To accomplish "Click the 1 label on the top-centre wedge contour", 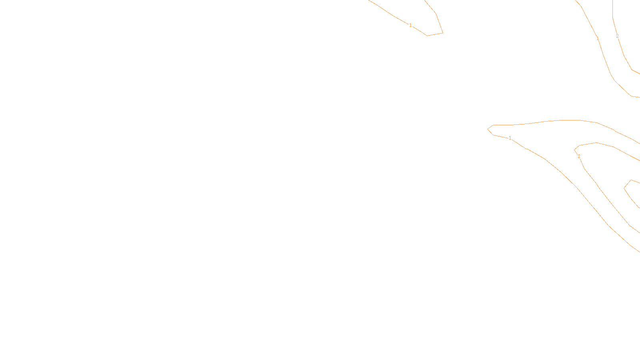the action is point(410,25).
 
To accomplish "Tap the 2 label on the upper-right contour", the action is point(617,36).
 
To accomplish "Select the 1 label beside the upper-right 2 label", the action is point(598,38).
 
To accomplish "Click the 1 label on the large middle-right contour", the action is point(510,138).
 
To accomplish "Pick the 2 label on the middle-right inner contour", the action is point(579,156).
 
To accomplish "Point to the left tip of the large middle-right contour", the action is point(488,129).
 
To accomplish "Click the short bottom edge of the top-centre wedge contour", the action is point(435,34).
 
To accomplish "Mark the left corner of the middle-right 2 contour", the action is point(575,150).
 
